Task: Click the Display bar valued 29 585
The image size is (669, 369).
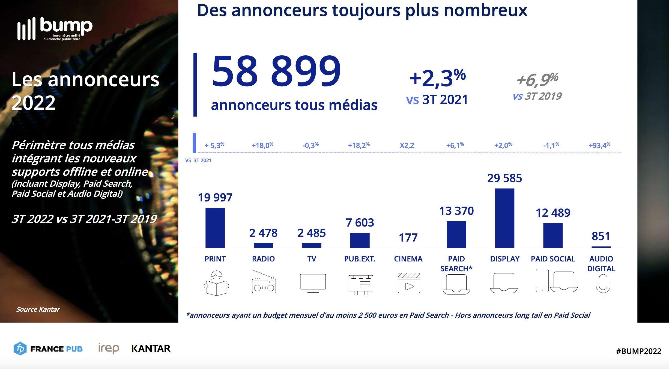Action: coord(504,218)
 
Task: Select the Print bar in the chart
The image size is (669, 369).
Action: coord(215,228)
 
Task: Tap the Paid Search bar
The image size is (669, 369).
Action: coord(456,234)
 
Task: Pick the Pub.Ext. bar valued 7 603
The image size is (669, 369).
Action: coord(360,240)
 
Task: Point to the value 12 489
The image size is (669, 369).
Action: coord(553,213)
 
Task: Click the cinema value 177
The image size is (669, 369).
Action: coord(408,237)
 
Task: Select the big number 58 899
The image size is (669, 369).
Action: coord(276,72)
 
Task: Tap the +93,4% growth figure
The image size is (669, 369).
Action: coord(599,145)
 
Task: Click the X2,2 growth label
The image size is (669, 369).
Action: coord(407,145)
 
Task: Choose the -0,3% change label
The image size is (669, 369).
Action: coord(310,145)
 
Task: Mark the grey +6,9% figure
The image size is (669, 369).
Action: coord(537,80)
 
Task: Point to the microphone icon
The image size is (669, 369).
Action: coord(603,285)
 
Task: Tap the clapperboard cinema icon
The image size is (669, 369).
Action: coord(408,283)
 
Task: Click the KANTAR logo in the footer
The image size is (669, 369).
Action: coord(151,349)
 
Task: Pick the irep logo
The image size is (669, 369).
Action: coord(109,348)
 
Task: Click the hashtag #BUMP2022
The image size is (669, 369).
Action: coord(638,351)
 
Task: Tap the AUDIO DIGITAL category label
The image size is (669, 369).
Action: coord(601,264)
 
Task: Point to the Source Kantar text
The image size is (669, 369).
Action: coord(38,309)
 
